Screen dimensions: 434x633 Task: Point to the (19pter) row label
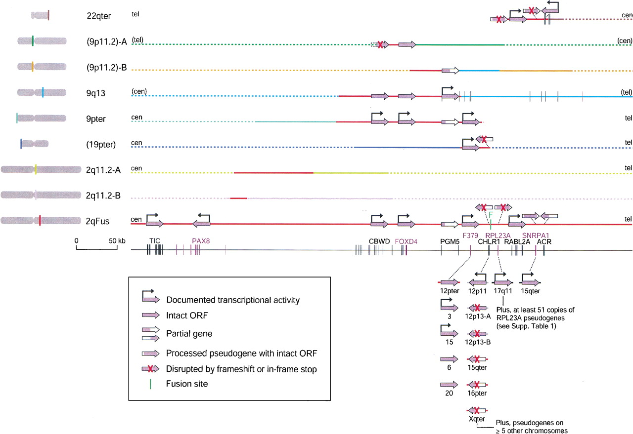tap(100, 145)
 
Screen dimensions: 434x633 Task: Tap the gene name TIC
tap(155, 241)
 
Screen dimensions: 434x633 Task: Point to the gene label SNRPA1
tap(535, 235)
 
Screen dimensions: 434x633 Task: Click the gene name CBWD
tap(379, 241)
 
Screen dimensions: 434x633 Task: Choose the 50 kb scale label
tap(116, 240)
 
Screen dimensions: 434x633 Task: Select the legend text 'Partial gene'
tap(189, 334)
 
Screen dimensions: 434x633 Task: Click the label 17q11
tap(502, 291)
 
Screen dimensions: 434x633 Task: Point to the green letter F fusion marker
tap(491, 215)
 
